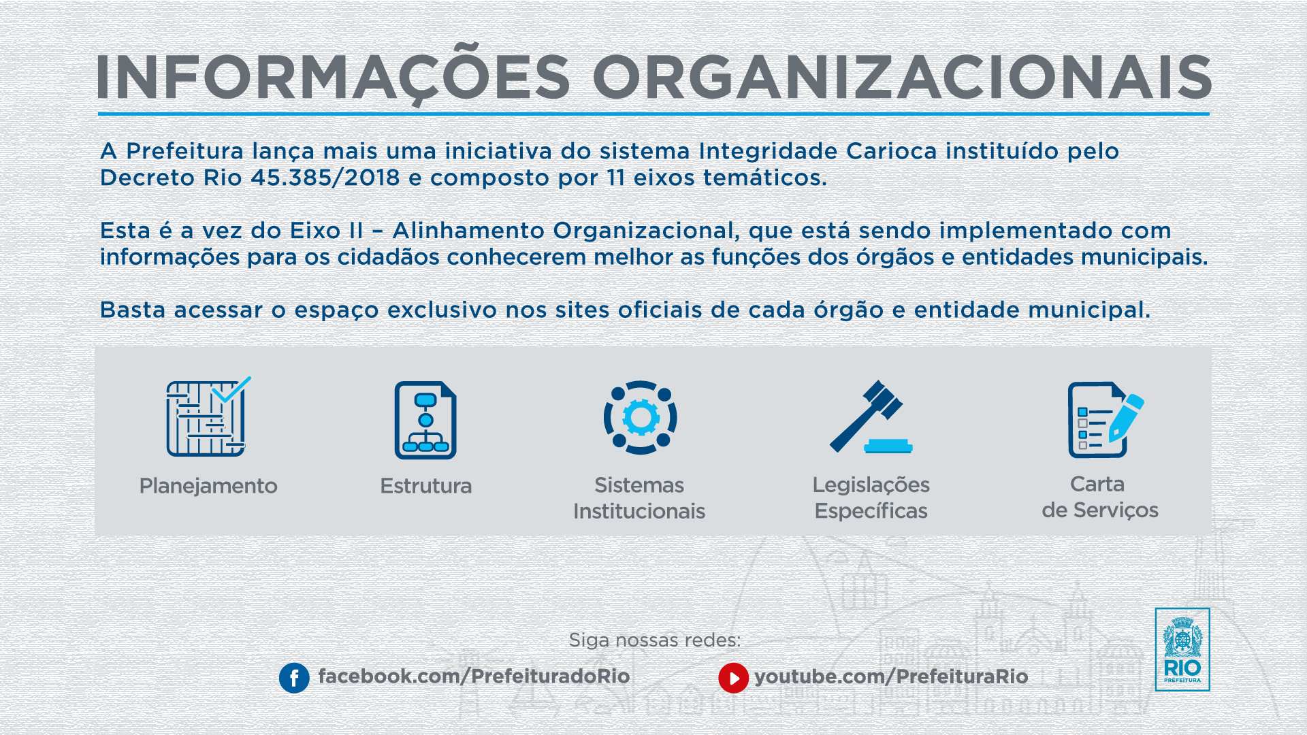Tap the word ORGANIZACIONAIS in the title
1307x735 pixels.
click(x=903, y=77)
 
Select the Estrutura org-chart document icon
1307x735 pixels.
click(x=425, y=420)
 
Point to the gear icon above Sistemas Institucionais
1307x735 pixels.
click(x=640, y=417)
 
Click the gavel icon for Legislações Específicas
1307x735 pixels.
click(x=871, y=416)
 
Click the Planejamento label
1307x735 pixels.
click(x=208, y=486)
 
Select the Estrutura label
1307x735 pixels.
click(x=425, y=486)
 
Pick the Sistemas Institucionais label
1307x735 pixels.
click(x=639, y=498)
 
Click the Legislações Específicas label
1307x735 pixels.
click(x=871, y=497)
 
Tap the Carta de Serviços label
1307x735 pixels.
click(x=1099, y=497)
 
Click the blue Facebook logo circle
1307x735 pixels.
click(x=294, y=678)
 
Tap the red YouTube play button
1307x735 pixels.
click(x=733, y=678)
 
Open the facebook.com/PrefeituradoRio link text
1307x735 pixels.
click(x=474, y=676)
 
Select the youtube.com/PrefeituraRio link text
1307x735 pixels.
click(x=891, y=676)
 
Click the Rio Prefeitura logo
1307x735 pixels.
click(x=1182, y=649)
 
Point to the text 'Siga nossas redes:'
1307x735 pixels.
click(x=655, y=640)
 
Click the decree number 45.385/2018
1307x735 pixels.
click(x=325, y=178)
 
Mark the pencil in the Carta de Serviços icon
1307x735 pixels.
click(x=1127, y=418)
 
